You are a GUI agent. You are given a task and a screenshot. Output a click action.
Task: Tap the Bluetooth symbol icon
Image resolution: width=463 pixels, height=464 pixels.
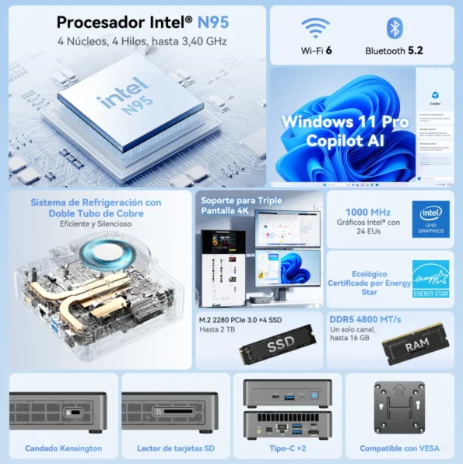pos(395,29)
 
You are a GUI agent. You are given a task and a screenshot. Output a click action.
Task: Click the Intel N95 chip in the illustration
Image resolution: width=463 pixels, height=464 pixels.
pos(125,102)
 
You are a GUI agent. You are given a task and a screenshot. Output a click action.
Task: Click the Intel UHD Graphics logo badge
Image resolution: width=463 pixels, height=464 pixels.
pos(431,219)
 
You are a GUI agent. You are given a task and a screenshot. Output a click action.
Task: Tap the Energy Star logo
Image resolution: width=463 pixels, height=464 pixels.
pos(431,278)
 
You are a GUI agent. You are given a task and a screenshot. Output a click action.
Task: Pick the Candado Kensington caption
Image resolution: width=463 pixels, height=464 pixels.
pos(63,448)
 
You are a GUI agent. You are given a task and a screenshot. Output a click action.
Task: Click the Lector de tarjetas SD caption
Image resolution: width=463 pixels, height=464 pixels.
pos(175,448)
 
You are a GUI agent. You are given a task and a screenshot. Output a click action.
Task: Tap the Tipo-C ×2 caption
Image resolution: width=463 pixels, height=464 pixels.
pos(288,448)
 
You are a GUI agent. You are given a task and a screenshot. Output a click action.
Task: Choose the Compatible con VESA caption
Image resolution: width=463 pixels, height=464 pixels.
pos(399,448)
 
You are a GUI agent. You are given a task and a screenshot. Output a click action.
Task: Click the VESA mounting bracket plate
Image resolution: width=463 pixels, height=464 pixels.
pos(399,406)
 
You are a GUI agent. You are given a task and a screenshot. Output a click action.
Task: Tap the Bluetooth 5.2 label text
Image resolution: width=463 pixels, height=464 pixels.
pos(395,51)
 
